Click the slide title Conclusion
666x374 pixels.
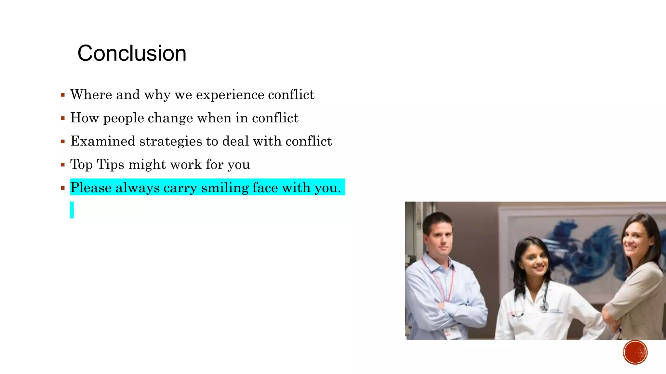pos(132,53)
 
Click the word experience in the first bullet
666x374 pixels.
pos(230,95)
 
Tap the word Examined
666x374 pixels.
pos(103,141)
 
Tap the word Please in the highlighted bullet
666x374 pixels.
pos(91,188)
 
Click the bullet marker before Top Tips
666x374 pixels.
pos(63,165)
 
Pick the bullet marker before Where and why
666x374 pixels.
pos(63,95)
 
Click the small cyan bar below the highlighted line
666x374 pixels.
pos(72,210)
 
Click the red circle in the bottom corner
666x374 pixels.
pos(635,352)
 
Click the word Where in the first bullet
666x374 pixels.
pos(91,95)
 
